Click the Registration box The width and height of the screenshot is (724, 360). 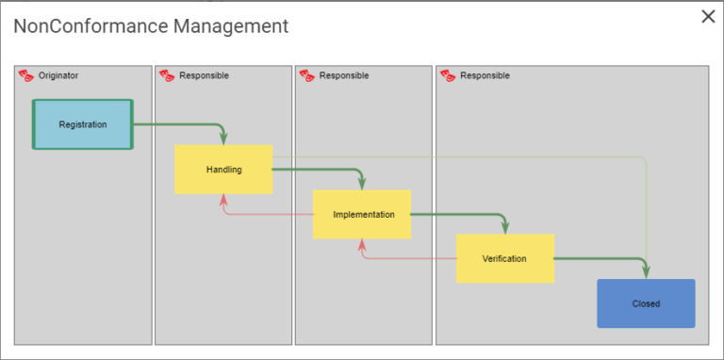(83, 124)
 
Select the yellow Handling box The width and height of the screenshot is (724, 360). (223, 170)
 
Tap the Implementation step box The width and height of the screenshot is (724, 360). (363, 215)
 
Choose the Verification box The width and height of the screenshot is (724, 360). (504, 258)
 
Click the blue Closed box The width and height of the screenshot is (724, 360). (646, 303)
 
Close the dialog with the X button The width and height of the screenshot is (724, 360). (708, 17)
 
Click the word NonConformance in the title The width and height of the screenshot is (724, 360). (90, 26)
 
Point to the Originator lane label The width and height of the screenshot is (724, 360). (58, 75)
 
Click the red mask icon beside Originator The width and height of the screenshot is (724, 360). (25, 75)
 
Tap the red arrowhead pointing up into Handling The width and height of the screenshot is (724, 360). (223, 199)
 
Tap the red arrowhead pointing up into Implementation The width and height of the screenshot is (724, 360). (363, 244)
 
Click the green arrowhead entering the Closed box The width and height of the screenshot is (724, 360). (647, 272)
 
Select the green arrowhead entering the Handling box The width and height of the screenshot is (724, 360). (223, 139)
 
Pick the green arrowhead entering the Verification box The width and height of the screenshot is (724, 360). (505, 228)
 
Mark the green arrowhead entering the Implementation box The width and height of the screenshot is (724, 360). (363, 184)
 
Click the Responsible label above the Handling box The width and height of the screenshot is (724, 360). (204, 75)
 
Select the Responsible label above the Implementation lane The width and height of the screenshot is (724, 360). (344, 75)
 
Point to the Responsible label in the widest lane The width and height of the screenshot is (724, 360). (485, 75)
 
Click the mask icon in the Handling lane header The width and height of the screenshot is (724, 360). (166, 75)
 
